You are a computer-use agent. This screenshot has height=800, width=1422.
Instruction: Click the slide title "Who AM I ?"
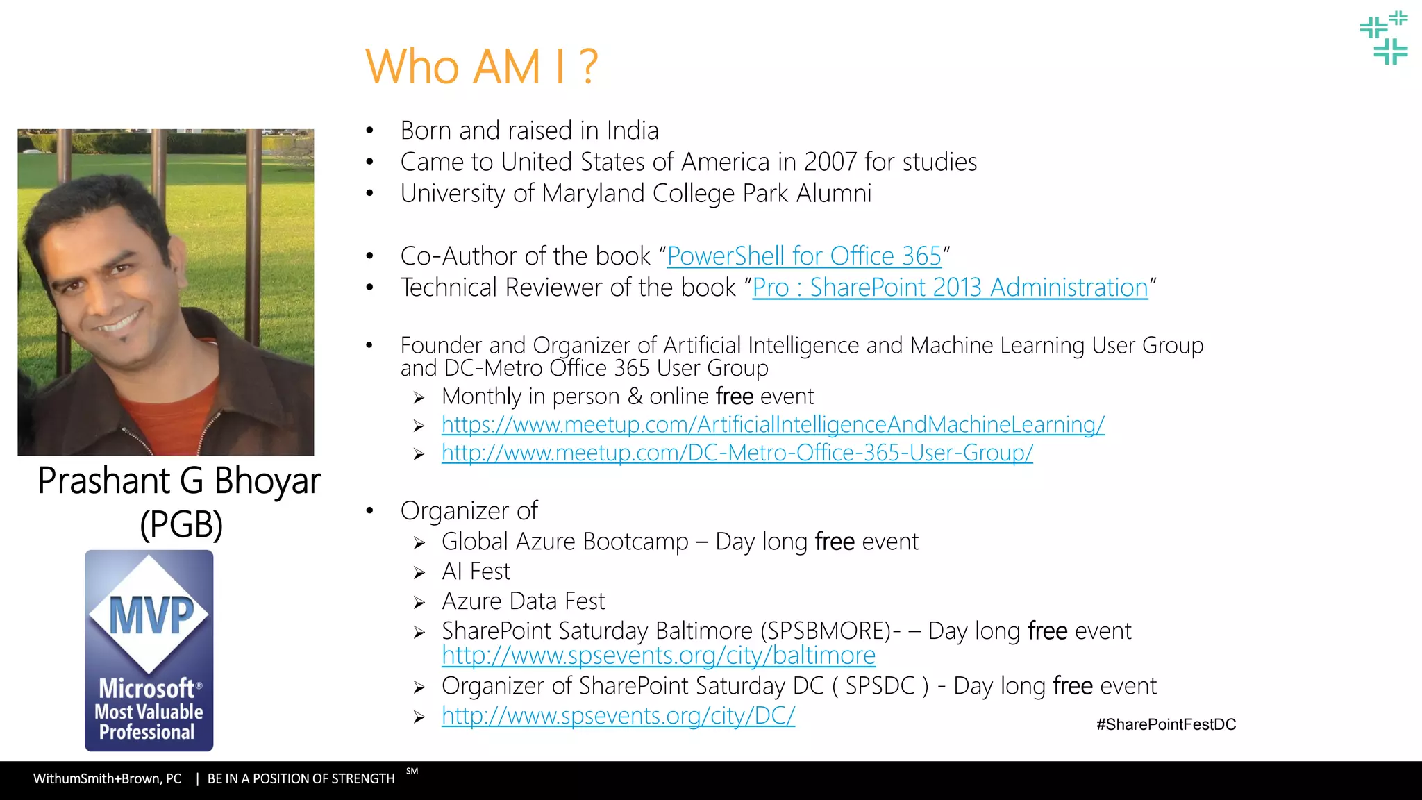[x=481, y=67]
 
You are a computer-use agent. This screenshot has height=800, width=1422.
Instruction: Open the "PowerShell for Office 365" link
[x=804, y=256]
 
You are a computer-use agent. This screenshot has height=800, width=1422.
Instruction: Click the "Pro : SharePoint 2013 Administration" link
[x=950, y=287]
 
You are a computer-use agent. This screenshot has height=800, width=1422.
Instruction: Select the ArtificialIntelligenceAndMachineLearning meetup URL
[x=773, y=424]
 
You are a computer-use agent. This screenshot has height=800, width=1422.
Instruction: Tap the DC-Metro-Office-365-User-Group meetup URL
[x=737, y=453]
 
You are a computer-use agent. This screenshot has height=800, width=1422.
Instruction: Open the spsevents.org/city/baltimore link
[x=658, y=656]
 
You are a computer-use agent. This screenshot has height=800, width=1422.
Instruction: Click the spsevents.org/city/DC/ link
[x=618, y=715]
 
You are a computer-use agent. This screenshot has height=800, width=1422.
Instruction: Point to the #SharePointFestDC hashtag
[x=1166, y=724]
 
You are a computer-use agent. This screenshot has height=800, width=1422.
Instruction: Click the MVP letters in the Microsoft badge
[x=151, y=615]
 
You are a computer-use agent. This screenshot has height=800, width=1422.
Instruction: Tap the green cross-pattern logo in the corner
[x=1384, y=37]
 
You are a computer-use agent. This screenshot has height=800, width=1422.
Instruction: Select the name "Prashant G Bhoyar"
[x=179, y=481]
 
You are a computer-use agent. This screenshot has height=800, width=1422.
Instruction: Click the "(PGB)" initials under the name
[x=181, y=524]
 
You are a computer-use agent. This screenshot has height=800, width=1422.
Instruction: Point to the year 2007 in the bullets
[x=830, y=162]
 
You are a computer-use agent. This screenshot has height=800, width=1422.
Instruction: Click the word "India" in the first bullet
[x=633, y=131]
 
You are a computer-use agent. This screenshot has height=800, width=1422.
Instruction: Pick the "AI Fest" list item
[x=476, y=572]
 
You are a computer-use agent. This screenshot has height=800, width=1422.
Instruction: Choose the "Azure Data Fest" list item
[x=524, y=601]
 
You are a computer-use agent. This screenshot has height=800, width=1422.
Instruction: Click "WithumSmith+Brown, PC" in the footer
[x=108, y=778]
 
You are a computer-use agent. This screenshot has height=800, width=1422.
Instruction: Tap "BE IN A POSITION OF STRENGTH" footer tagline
[x=301, y=778]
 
